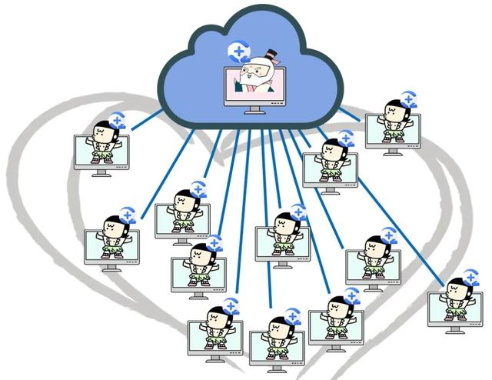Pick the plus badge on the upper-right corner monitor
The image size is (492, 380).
pyautogui.click(x=408, y=98)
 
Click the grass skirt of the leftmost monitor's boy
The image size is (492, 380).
pyautogui.click(x=115, y=248)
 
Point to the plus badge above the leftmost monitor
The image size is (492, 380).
pyautogui.click(x=128, y=215)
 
